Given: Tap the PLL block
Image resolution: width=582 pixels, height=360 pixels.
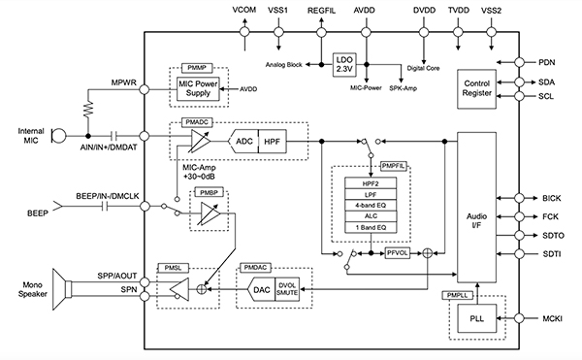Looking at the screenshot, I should click(x=476, y=317).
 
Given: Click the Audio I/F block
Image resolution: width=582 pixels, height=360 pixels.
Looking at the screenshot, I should click(x=476, y=219).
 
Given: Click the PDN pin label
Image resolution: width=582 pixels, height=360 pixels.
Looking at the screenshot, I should click(x=551, y=61).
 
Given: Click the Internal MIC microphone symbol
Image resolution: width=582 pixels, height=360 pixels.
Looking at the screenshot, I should click(x=57, y=135).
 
